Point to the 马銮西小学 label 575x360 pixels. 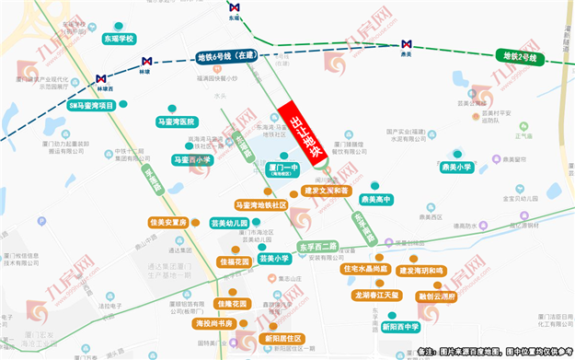192,159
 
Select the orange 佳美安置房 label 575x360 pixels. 168,223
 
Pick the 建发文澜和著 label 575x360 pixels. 326,191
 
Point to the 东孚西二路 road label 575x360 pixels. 318,247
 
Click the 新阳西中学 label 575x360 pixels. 398,326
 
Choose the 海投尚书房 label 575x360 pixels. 214,323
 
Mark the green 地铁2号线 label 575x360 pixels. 521,57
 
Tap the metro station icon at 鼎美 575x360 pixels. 406,44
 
